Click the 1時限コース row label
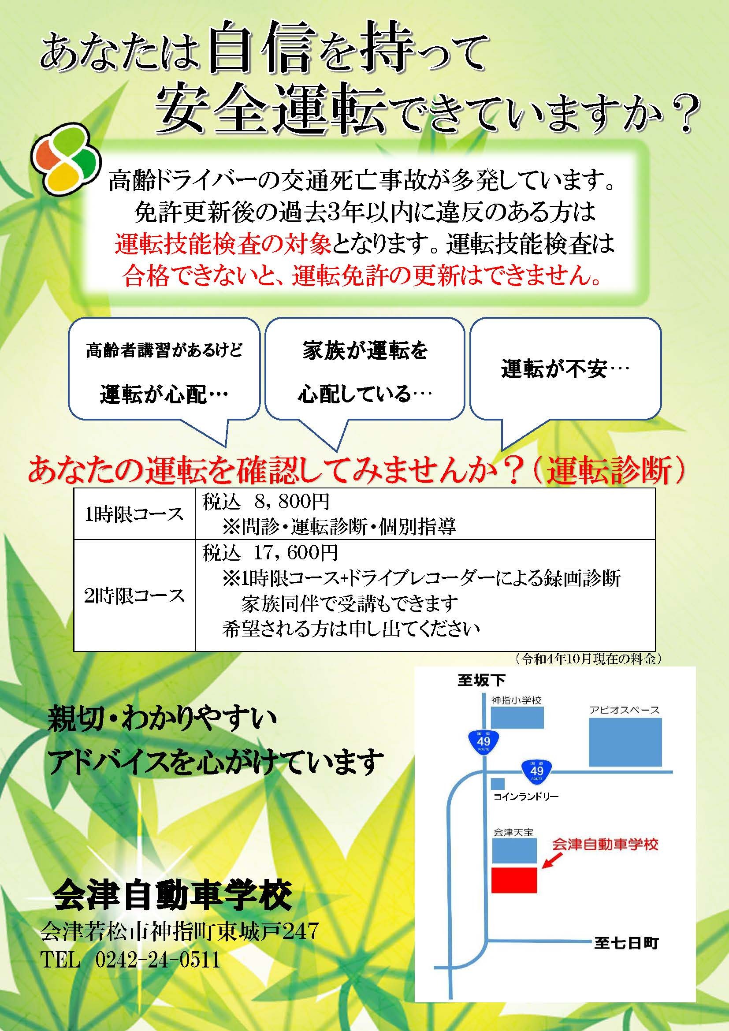click(134, 514)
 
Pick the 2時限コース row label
click(134, 596)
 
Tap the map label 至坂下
click(481, 681)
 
